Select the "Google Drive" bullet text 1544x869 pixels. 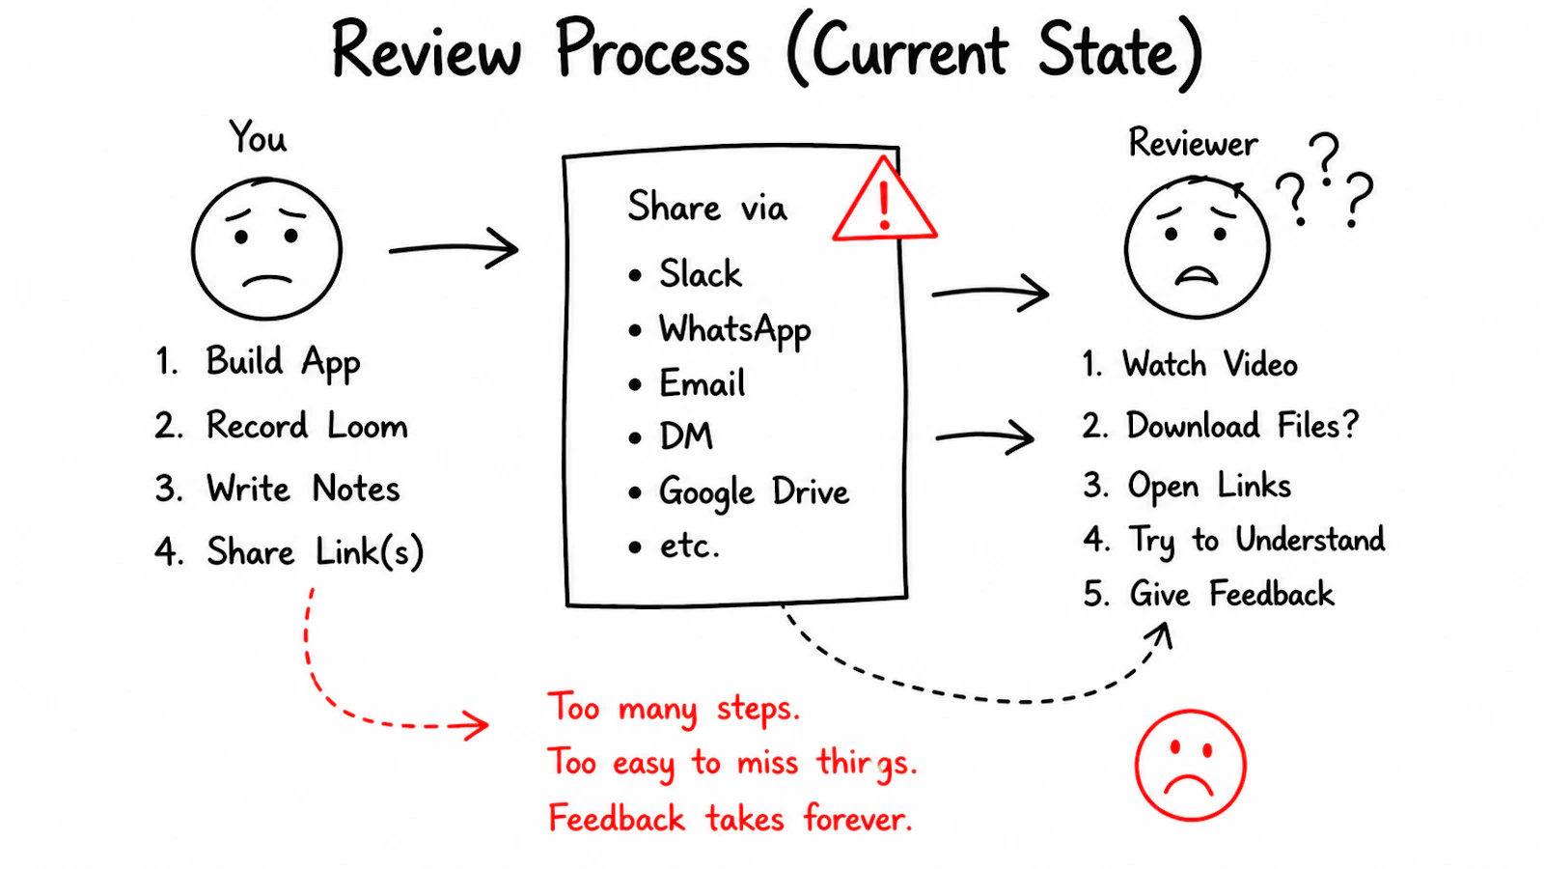[754, 492]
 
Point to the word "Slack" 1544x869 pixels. [701, 274]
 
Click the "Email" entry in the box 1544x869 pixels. [703, 382]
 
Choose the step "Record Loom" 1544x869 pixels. [308, 425]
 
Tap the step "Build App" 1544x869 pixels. [284, 363]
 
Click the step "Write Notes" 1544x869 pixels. [303, 489]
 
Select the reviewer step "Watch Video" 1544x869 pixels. [1210, 363]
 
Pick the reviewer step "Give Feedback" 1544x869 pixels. [1231, 594]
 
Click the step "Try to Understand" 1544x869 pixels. [1255, 540]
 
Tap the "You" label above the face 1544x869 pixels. [258, 136]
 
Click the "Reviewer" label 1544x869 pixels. [1193, 144]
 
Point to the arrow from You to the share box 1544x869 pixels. [454, 247]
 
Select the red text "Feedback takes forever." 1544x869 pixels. [730, 819]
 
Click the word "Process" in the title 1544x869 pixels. [652, 50]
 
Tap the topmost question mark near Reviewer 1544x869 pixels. [1324, 158]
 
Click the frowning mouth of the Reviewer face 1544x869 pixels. [1197, 276]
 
